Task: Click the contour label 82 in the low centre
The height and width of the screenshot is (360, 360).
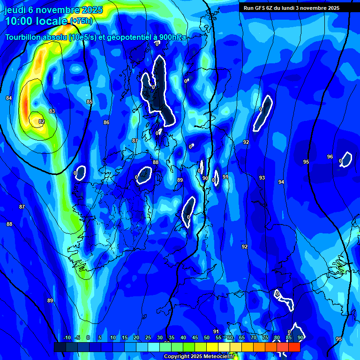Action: pos(42,121)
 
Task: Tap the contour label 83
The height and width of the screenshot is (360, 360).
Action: pos(52,111)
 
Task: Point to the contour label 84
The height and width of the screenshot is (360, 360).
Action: pos(9,98)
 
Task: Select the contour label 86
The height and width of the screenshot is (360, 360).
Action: pos(106,122)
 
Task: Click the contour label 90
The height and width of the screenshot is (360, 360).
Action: pos(205,178)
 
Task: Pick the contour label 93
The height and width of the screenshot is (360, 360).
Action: pos(262,178)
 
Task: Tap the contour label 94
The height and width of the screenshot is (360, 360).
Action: pos(281,182)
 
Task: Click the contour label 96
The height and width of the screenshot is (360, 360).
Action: pos(330,157)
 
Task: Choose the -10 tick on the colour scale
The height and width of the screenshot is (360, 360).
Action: pos(67,338)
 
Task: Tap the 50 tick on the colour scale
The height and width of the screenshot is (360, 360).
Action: pos(207,338)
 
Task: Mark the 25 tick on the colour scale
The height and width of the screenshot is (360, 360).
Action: pos(148,338)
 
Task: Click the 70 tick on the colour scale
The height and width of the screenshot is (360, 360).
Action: pos(253,338)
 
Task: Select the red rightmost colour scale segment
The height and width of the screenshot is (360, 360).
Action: pos(294,347)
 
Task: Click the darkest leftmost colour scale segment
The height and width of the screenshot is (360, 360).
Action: pos(60,347)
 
